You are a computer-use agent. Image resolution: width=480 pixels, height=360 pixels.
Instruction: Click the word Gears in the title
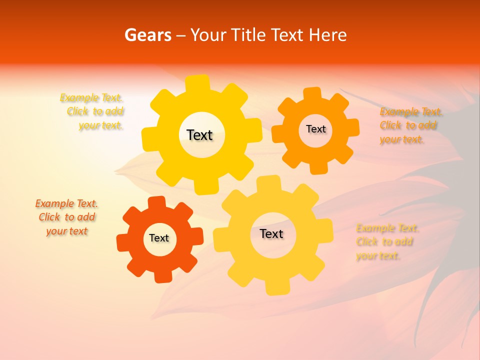pyautogui.click(x=147, y=35)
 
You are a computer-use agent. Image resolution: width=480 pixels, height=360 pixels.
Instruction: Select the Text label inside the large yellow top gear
pyautogui.click(x=200, y=135)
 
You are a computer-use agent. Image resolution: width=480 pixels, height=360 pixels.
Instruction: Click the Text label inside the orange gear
pyautogui.click(x=315, y=129)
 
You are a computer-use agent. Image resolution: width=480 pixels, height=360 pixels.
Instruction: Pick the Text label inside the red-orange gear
pyautogui.click(x=159, y=238)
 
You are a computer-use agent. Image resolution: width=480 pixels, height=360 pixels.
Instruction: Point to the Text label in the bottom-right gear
pyautogui.click(x=271, y=233)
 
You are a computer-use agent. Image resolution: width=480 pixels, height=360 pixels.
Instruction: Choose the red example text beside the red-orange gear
pyautogui.click(x=67, y=217)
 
